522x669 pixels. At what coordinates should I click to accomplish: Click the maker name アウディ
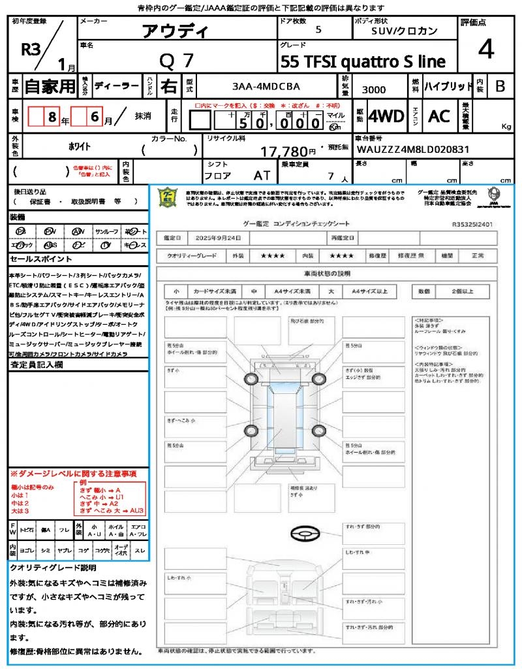click(x=175, y=31)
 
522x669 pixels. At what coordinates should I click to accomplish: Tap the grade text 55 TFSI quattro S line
click(x=363, y=62)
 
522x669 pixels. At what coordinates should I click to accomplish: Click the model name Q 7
click(x=176, y=61)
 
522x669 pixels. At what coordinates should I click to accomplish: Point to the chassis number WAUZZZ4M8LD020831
click(x=412, y=149)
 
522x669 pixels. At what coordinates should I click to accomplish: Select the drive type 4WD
click(x=386, y=116)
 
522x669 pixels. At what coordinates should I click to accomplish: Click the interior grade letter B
click(x=500, y=86)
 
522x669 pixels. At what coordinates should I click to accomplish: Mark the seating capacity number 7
click(x=331, y=176)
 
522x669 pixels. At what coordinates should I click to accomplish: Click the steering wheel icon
click(x=305, y=534)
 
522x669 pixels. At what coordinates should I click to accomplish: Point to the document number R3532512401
click(x=472, y=223)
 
